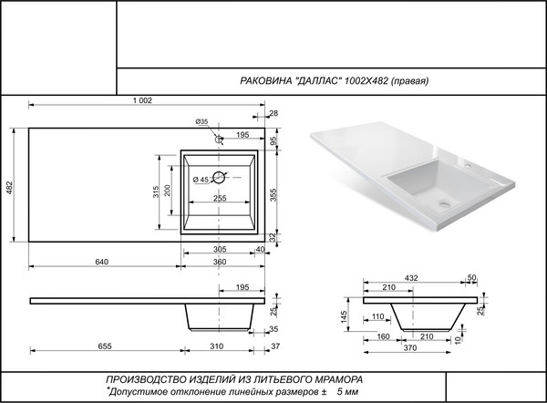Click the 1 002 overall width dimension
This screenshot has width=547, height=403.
[142, 99]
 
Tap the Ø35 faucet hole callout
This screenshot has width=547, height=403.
[202, 122]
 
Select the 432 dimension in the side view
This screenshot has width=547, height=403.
[412, 276]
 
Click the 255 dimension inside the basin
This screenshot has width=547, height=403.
[220, 198]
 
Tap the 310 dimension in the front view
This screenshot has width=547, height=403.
[216, 346]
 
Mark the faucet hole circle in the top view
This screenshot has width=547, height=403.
[219, 140]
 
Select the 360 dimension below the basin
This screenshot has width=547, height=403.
[220, 262]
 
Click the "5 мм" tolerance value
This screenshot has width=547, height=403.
[346, 390]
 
